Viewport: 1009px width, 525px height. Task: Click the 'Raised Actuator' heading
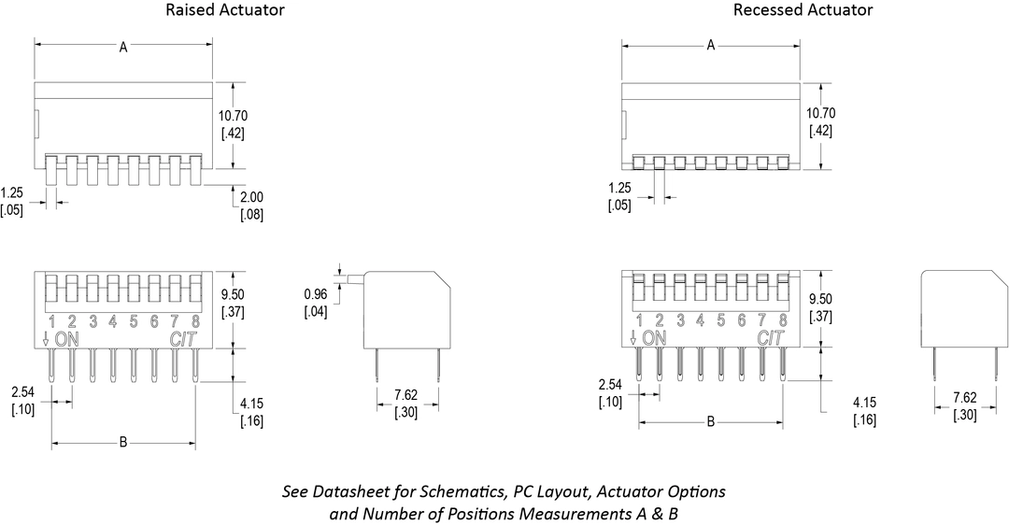pos(225,10)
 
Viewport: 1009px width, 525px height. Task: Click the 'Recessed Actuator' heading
pos(803,10)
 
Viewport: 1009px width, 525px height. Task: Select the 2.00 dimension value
pos(252,199)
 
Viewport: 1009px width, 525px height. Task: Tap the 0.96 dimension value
pos(315,295)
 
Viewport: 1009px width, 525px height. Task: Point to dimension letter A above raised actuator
pos(123,47)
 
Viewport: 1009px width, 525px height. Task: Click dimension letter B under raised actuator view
pos(122,442)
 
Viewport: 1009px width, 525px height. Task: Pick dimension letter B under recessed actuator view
pos(710,421)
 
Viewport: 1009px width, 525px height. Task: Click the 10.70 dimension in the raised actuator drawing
pos(234,116)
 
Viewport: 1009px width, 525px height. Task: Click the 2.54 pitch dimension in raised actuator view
pos(23,393)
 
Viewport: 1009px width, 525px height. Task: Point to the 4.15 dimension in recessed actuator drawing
pos(865,404)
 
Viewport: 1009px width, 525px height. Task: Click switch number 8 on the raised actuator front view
pos(194,322)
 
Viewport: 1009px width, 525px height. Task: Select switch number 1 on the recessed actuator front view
pos(639,320)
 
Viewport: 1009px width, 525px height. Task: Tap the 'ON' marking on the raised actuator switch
pos(67,339)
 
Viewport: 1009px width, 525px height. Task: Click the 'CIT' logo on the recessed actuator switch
pos(770,338)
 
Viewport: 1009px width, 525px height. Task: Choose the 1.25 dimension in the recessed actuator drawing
pos(618,189)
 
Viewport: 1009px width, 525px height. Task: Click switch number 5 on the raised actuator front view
pos(133,322)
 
